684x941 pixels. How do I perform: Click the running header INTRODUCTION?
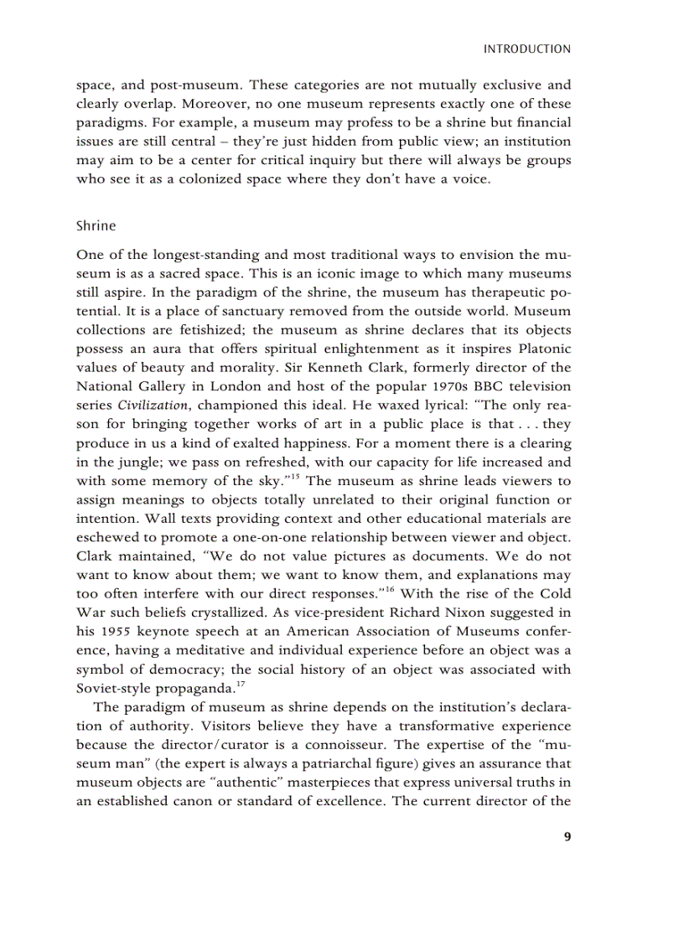tap(527, 49)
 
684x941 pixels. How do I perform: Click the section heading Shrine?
tap(96, 226)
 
